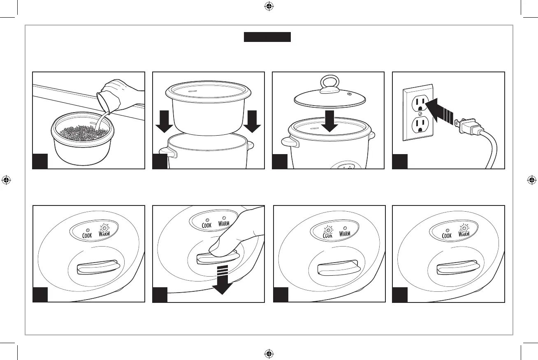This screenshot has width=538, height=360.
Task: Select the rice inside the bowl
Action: pos(82,132)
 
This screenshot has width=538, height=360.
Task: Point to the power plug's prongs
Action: pos(457,122)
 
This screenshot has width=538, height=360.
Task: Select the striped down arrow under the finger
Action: pos(222,279)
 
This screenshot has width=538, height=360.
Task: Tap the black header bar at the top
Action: pos(267,37)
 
